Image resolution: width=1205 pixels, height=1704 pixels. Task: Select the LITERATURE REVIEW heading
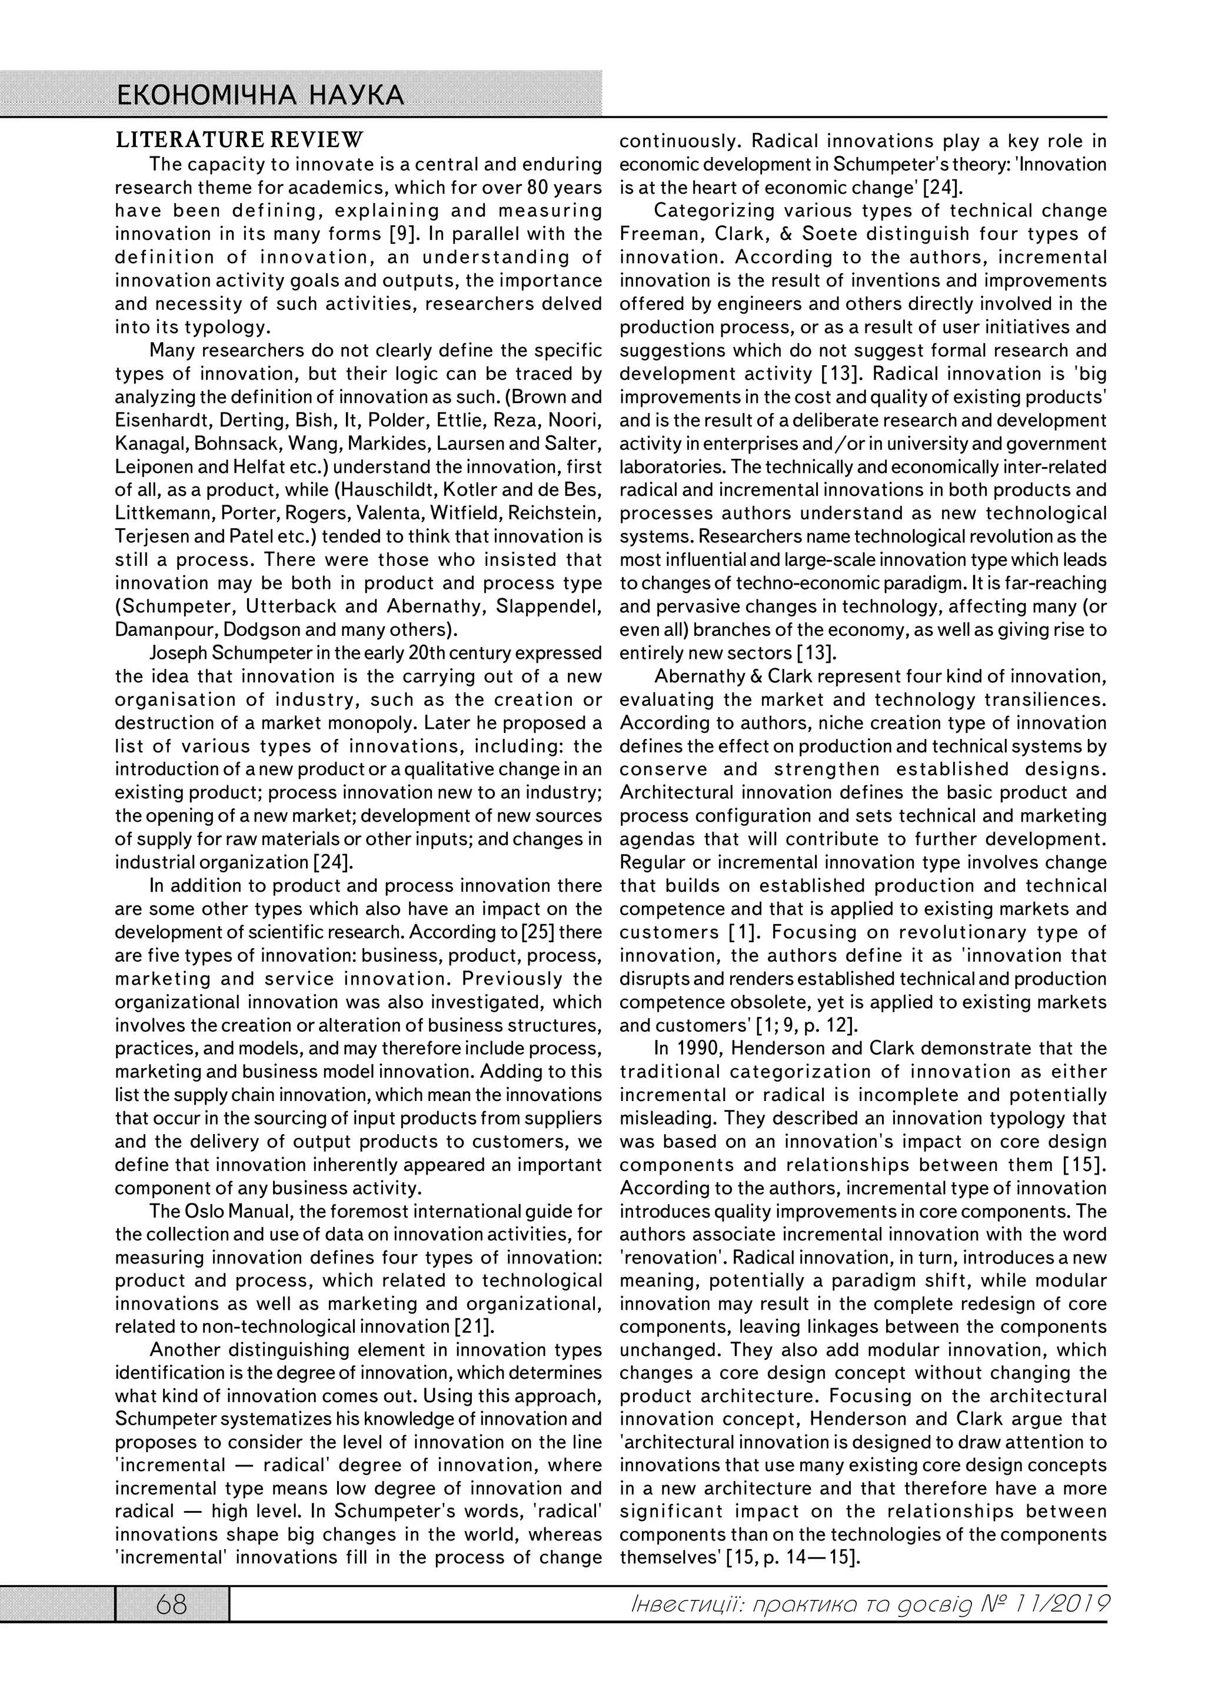click(239, 139)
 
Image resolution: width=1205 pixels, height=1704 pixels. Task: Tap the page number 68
click(171, 1605)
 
